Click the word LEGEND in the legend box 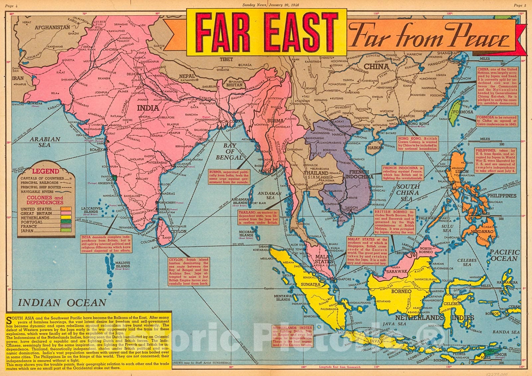(x=45, y=172)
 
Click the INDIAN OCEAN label (x=62, y=302)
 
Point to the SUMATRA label (x=311, y=285)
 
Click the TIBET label (x=226, y=59)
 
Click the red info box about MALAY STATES (x=367, y=251)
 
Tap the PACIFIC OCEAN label (x=504, y=255)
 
